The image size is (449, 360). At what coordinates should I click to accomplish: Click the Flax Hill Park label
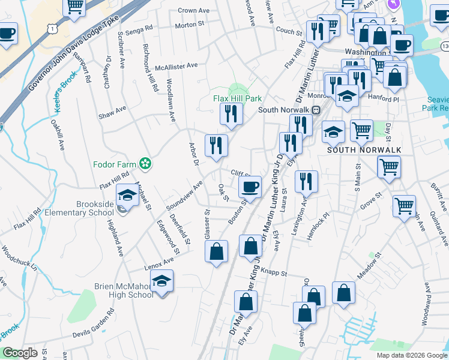[x=237, y=98]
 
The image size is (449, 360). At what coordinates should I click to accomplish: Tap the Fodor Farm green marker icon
[x=145, y=163]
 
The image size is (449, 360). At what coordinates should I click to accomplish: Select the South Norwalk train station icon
[x=315, y=110]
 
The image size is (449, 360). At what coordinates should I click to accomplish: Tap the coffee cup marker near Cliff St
[x=250, y=187]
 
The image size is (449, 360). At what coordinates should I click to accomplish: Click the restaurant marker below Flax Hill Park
[x=231, y=114]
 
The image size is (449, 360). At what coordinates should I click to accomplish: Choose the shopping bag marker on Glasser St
[x=217, y=251]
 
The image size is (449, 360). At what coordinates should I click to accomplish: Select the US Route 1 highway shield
[x=54, y=28]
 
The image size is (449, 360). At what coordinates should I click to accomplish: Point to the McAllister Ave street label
[x=176, y=66]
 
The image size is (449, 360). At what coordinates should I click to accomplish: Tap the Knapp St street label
[x=274, y=273]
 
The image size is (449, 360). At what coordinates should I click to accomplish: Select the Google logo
[x=20, y=353]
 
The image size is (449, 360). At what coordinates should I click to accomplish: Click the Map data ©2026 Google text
[x=412, y=355]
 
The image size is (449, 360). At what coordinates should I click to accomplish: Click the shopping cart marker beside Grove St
[x=404, y=206]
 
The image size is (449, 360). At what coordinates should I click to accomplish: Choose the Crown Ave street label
[x=193, y=10]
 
